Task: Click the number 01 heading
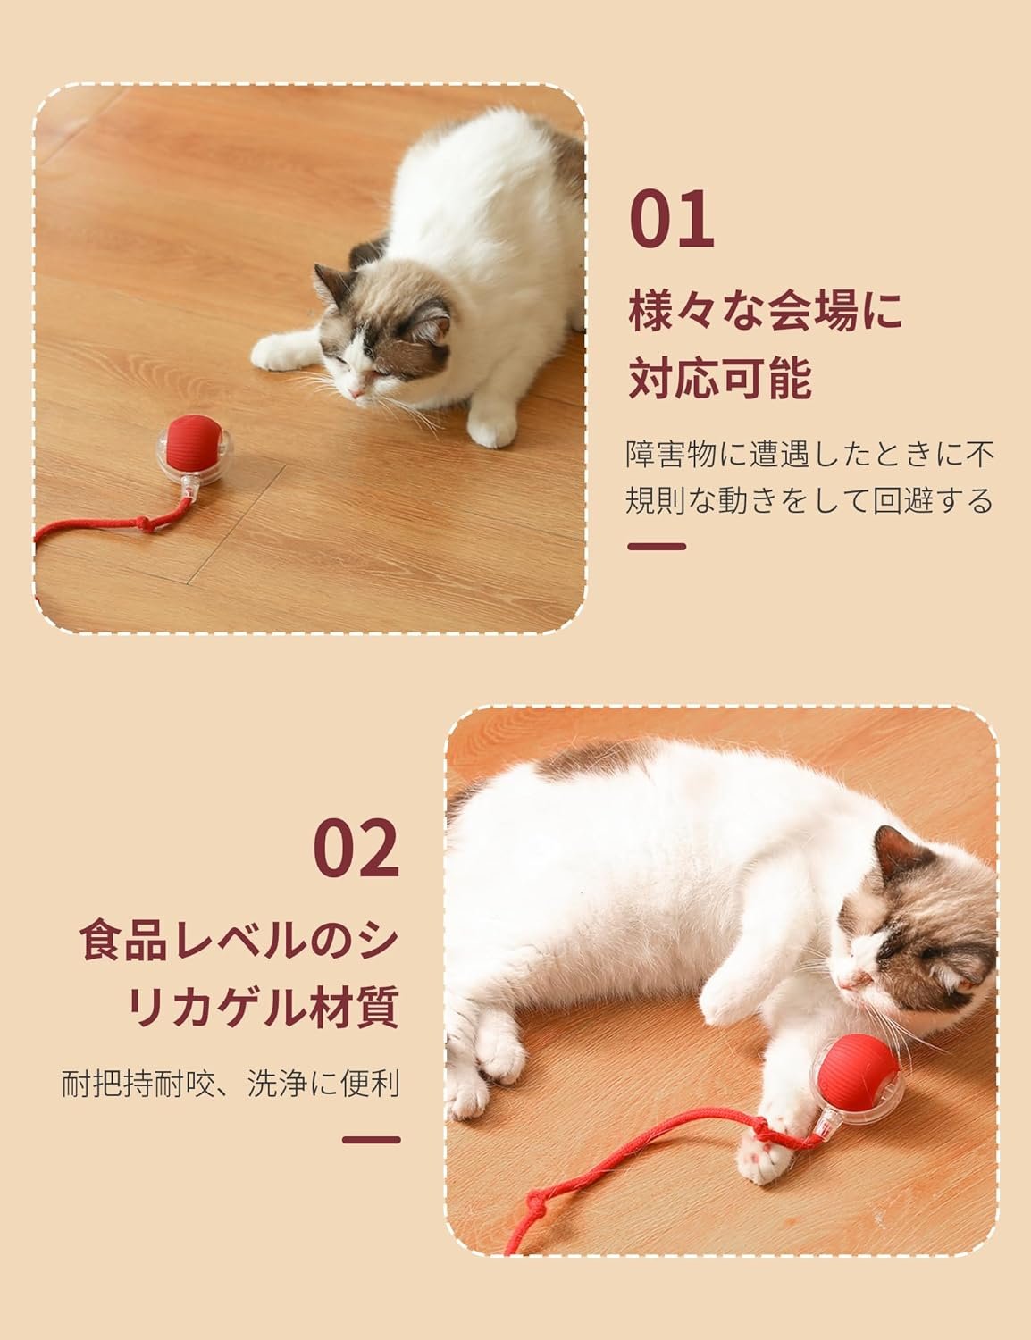[x=672, y=219]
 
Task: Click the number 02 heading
[x=356, y=848]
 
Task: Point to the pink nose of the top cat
[x=356, y=393]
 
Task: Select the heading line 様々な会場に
[x=766, y=311]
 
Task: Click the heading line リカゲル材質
[x=264, y=1006]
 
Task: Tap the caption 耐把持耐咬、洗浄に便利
[x=231, y=1084]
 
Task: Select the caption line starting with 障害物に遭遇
[x=810, y=455]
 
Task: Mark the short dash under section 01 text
[x=657, y=547]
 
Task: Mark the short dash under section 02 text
[x=371, y=1140]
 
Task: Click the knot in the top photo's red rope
[x=144, y=524]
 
